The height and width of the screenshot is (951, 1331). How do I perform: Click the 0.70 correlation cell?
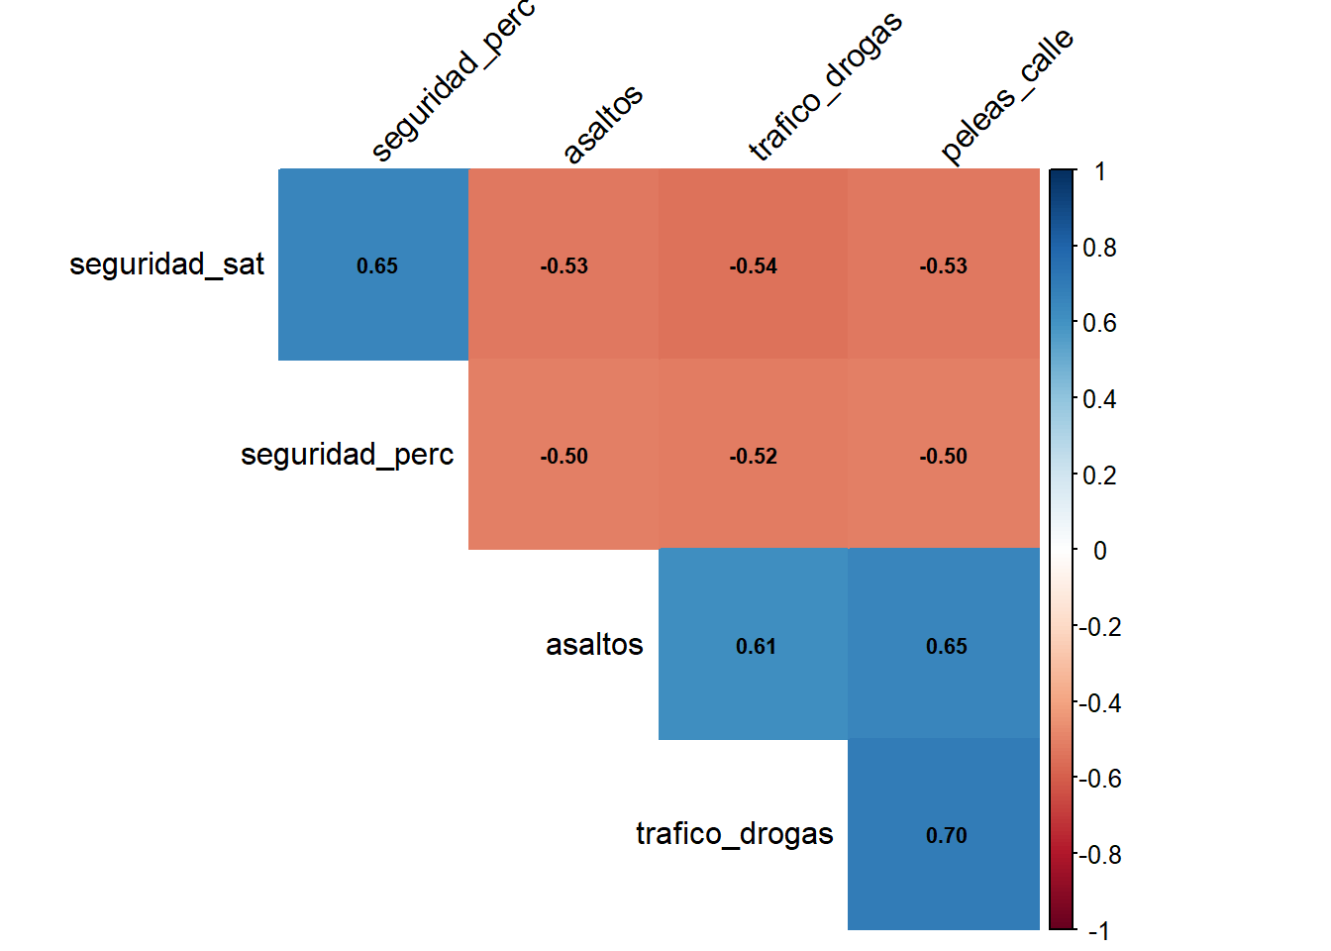tap(945, 835)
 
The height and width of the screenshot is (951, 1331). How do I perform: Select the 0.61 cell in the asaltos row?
tap(755, 646)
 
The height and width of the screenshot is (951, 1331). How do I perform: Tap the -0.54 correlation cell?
tap(753, 265)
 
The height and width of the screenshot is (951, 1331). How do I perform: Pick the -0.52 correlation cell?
tap(753, 456)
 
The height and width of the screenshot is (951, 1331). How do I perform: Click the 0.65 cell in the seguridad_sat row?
tap(376, 265)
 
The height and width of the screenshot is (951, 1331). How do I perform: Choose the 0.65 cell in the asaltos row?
tap(945, 646)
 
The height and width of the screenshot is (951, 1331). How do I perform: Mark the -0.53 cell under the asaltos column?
tap(563, 265)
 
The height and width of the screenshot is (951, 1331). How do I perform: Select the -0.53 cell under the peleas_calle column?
tap(943, 265)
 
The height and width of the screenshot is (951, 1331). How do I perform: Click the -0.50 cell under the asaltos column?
tap(563, 456)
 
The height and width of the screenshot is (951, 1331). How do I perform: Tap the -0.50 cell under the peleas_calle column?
tap(943, 456)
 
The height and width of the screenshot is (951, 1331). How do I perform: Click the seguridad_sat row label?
tap(166, 264)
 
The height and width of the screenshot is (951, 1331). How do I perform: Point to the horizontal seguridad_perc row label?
tap(347, 455)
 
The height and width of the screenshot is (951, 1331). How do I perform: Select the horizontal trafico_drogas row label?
tap(734, 834)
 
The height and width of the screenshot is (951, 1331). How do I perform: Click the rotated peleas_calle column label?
tap(1006, 95)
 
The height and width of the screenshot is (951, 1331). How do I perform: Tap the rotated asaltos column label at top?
tap(602, 124)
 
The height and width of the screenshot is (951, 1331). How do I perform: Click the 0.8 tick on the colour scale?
tap(1099, 248)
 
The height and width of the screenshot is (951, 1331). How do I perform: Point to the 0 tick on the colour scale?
tap(1099, 551)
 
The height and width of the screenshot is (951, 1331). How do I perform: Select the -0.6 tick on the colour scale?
tap(1099, 779)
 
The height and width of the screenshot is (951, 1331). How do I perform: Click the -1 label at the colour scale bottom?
tap(1098, 931)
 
